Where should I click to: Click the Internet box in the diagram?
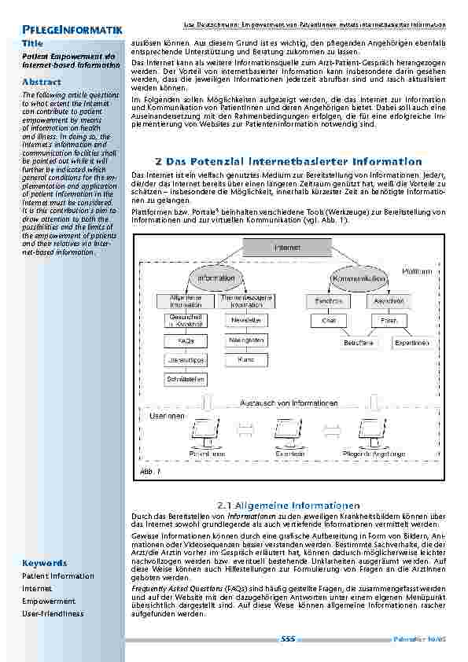(x=286, y=248)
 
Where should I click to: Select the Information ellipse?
(x=216, y=278)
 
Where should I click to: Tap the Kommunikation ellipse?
(x=358, y=278)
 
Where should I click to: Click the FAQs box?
(x=186, y=341)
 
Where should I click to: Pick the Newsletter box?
(x=246, y=321)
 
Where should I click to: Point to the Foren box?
(x=389, y=320)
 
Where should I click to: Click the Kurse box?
(x=246, y=359)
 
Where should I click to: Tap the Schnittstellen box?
(x=186, y=379)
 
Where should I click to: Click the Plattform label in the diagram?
(x=417, y=271)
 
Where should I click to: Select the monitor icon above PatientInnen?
(x=207, y=430)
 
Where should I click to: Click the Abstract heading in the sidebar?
(x=42, y=82)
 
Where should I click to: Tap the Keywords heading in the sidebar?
(x=45, y=563)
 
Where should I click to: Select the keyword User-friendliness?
(x=53, y=613)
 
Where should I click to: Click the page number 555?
(x=287, y=640)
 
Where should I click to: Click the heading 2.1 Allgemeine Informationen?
(x=287, y=505)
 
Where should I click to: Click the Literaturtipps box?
(x=186, y=360)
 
